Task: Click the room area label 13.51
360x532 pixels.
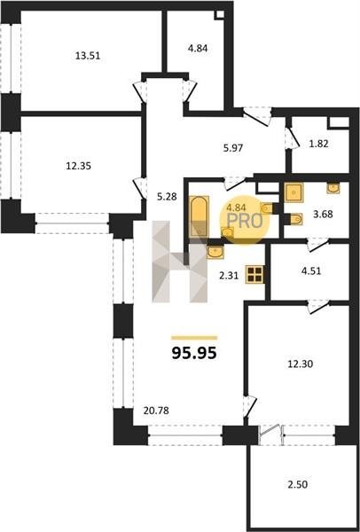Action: click(88, 56)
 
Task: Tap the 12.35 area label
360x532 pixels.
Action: click(78, 167)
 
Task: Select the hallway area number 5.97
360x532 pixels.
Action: click(233, 148)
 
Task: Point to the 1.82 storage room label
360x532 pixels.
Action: click(319, 144)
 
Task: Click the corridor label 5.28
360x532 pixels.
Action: click(167, 197)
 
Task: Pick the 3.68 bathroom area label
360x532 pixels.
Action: click(323, 215)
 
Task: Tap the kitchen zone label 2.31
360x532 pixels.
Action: click(229, 276)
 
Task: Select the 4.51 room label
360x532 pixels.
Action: click(311, 271)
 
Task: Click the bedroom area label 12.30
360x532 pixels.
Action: click(301, 364)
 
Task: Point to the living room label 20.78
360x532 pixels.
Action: click(156, 411)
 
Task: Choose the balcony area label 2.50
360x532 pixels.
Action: click(298, 484)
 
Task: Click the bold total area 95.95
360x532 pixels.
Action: click(194, 353)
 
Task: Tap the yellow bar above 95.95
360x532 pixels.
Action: click(194, 338)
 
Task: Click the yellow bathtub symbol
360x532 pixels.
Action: click(199, 216)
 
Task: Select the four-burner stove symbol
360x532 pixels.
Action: click(255, 274)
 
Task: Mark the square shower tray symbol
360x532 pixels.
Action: click(293, 192)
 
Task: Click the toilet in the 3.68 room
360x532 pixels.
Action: click(296, 219)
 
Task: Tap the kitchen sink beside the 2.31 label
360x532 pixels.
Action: click(215, 252)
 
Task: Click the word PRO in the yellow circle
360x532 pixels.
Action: click(245, 221)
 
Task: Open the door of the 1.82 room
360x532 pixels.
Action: click(292, 138)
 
